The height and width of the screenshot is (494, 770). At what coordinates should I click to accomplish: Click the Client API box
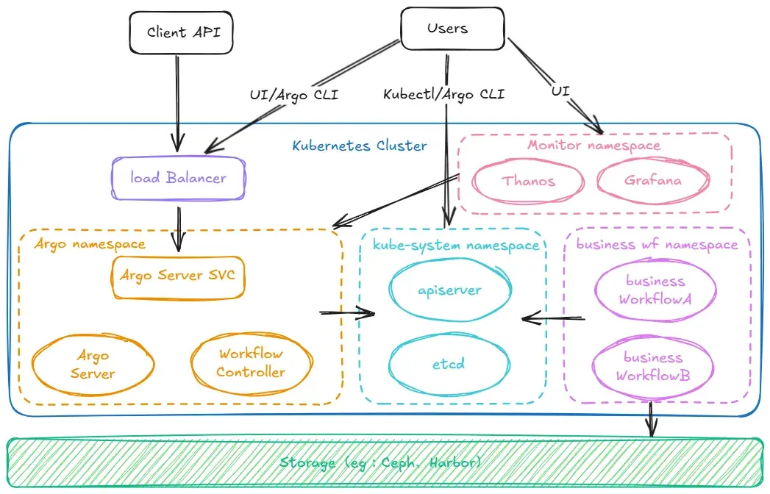177,32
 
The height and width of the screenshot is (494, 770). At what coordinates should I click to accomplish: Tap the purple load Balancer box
178,178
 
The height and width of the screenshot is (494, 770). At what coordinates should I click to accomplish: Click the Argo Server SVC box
177,276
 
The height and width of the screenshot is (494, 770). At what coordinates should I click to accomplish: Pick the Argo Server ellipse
93,365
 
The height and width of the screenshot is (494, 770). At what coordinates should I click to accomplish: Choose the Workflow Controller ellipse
250,363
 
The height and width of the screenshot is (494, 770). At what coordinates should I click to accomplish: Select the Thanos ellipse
528,181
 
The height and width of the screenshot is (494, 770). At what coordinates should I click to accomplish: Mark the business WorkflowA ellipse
655,290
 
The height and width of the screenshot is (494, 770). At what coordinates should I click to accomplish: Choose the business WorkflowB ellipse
653,366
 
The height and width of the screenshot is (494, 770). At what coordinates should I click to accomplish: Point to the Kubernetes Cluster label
360,146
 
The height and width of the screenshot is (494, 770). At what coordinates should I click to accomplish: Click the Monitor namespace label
593,145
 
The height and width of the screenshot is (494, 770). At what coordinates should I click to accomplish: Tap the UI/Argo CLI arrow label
294,95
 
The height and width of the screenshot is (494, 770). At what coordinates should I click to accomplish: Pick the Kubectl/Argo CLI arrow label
443,95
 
